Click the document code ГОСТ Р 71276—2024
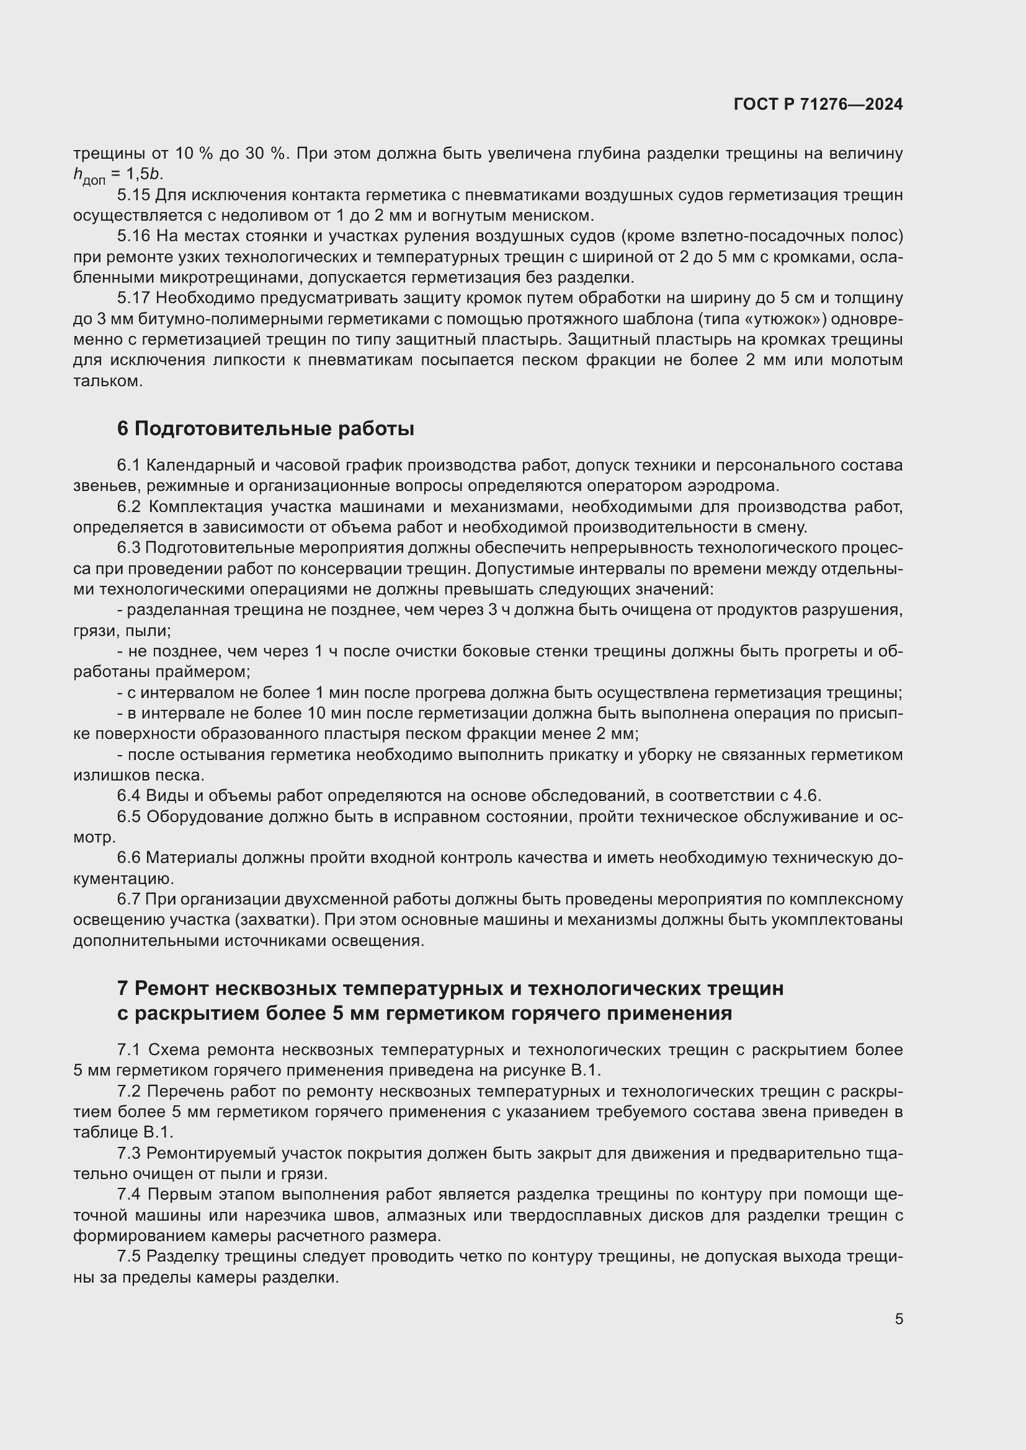[x=818, y=104]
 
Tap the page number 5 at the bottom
[x=898, y=1319]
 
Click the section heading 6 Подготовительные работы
[x=265, y=429]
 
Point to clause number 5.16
[x=133, y=236]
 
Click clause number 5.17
[x=133, y=298]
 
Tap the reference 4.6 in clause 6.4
[x=806, y=795]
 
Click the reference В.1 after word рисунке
[x=586, y=1070]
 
